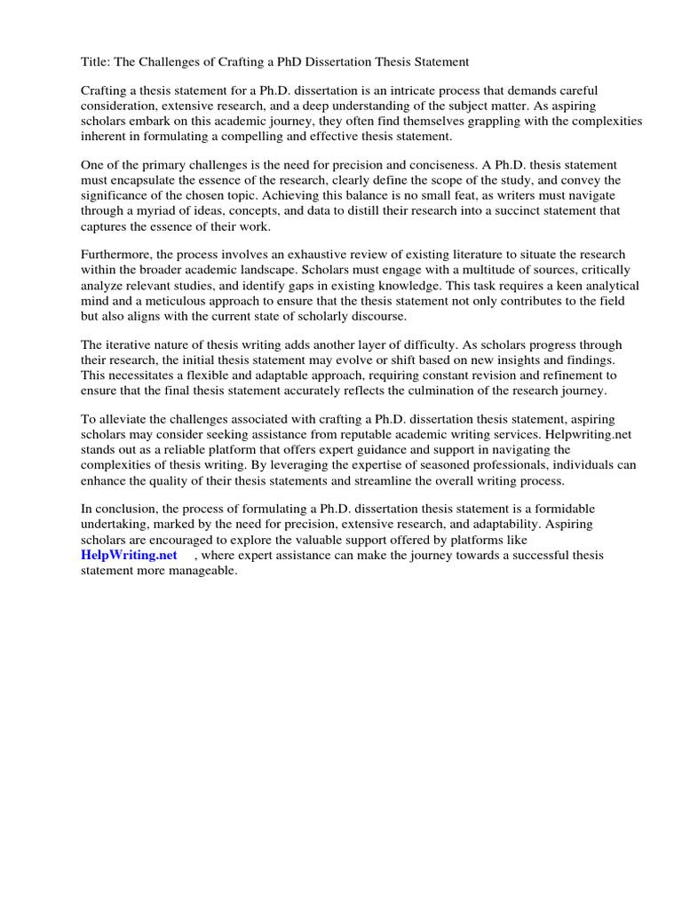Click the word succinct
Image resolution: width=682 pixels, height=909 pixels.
511,210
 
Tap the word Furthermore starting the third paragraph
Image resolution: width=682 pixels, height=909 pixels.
116,255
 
